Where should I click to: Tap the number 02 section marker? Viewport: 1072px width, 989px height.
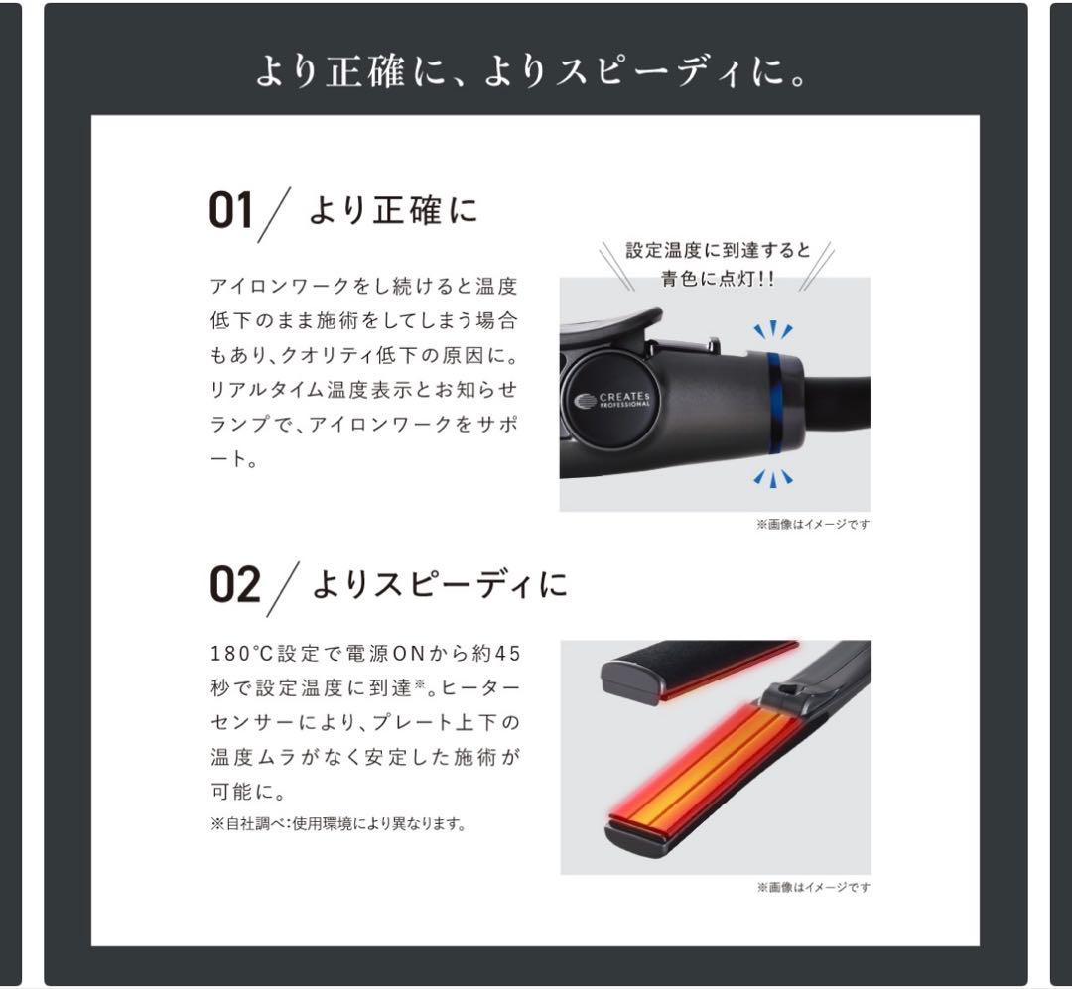235,585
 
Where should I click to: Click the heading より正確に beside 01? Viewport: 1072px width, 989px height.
393,210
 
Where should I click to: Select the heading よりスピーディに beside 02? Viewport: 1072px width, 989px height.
440,584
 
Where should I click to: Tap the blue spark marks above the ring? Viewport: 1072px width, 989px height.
772,330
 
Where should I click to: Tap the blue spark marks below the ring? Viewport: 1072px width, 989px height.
772,478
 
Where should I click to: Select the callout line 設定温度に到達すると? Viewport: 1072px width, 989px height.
718,251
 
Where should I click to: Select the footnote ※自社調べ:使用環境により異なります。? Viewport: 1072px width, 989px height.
337,823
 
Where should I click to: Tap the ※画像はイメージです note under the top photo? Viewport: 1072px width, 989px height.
813,524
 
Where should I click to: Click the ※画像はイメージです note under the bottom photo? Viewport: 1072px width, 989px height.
813,887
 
